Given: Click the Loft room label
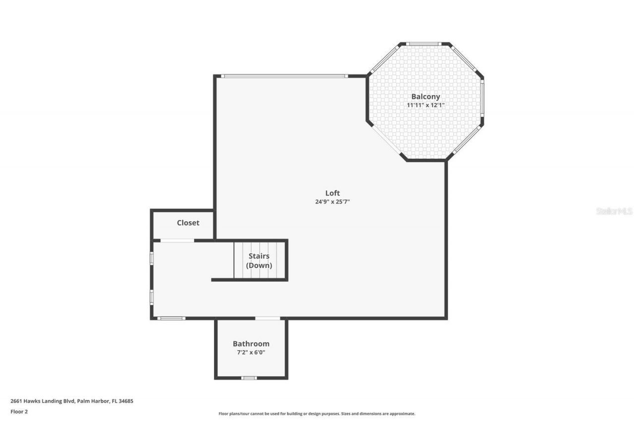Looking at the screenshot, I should click(332, 193).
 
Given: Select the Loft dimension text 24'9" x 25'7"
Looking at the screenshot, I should click(332, 202).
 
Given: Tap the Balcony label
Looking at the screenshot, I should click(425, 96).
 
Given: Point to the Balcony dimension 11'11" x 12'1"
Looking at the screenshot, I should click(425, 105).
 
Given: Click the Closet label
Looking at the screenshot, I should click(188, 223).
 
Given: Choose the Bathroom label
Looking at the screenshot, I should click(251, 343).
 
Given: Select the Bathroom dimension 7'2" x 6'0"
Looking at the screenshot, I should click(251, 352).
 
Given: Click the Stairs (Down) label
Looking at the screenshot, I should click(259, 260).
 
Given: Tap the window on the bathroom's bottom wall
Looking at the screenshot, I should click(249, 378).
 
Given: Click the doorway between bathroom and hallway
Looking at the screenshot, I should click(267, 318).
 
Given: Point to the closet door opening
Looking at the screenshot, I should click(177, 240).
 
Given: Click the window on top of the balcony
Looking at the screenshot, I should click(424, 44).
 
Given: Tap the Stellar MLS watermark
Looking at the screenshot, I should click(614, 211).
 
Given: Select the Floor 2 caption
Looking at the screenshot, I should click(19, 411).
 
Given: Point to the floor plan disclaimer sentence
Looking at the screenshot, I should click(317, 414).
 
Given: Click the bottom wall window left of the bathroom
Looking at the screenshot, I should click(171, 318).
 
